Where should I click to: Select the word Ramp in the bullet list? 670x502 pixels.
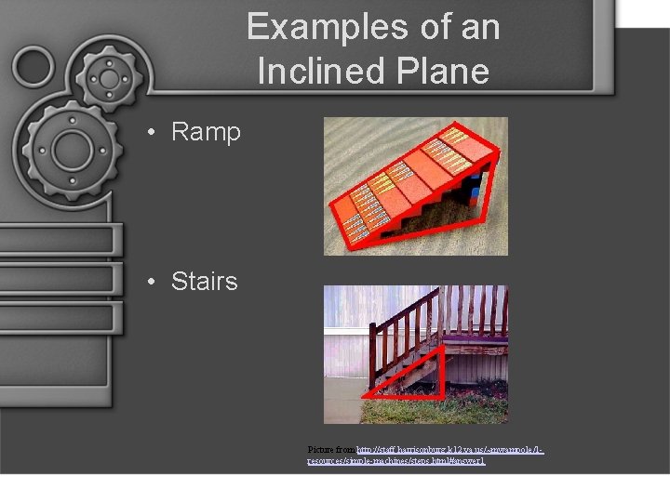point(206,132)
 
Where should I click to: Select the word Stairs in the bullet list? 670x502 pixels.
point(204,281)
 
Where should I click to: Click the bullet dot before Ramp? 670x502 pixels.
point(151,133)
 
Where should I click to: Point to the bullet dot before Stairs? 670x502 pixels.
point(151,282)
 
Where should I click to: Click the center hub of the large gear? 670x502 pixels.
point(70,149)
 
